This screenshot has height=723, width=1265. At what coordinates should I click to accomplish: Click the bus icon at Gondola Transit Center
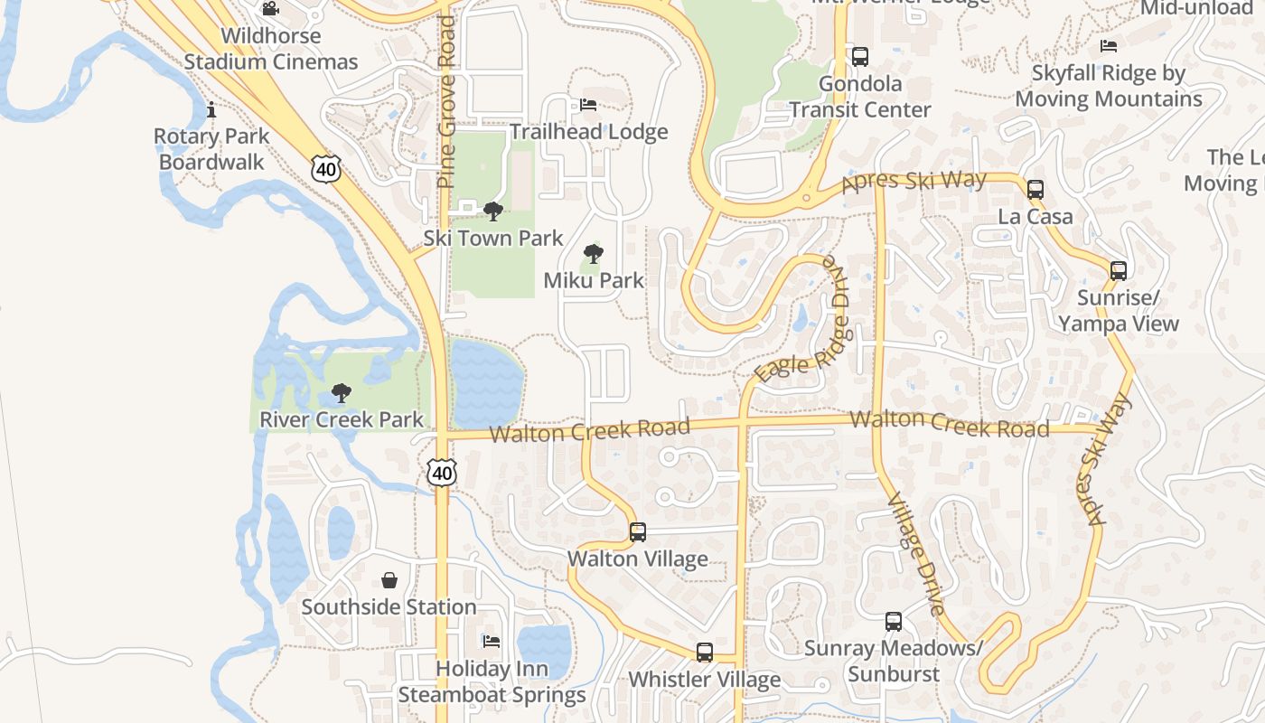pyautogui.click(x=860, y=57)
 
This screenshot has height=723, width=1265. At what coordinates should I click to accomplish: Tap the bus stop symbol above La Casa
pyautogui.click(x=1035, y=190)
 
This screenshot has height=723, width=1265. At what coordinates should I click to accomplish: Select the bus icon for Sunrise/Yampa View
pyautogui.click(x=1119, y=270)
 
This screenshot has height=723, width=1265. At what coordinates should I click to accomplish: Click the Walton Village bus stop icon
pyautogui.click(x=638, y=532)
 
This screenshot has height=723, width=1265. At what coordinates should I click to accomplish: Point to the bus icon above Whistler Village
pyautogui.click(x=705, y=653)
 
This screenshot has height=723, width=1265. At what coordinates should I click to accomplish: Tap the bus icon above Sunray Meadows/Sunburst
pyautogui.click(x=894, y=622)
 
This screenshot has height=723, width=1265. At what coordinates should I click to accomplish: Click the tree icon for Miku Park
pyautogui.click(x=594, y=254)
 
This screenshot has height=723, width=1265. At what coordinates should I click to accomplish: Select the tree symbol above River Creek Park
pyautogui.click(x=341, y=393)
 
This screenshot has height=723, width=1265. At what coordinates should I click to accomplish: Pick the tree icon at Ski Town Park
pyautogui.click(x=493, y=211)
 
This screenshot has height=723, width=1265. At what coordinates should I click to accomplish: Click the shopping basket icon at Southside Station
pyautogui.click(x=389, y=580)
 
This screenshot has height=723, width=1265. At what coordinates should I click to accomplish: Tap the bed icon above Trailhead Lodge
pyautogui.click(x=588, y=105)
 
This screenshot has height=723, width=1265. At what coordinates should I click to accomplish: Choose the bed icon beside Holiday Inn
pyautogui.click(x=492, y=642)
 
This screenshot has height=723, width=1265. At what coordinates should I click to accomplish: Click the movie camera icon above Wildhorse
pyautogui.click(x=270, y=9)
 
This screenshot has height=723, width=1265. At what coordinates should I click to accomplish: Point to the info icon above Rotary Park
pyautogui.click(x=211, y=110)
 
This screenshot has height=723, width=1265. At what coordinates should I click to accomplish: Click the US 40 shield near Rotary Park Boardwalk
pyautogui.click(x=327, y=168)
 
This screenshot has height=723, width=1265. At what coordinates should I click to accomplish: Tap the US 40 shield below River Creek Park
pyautogui.click(x=443, y=473)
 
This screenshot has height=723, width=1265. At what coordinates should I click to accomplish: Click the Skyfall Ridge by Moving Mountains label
pyautogui.click(x=1109, y=86)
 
